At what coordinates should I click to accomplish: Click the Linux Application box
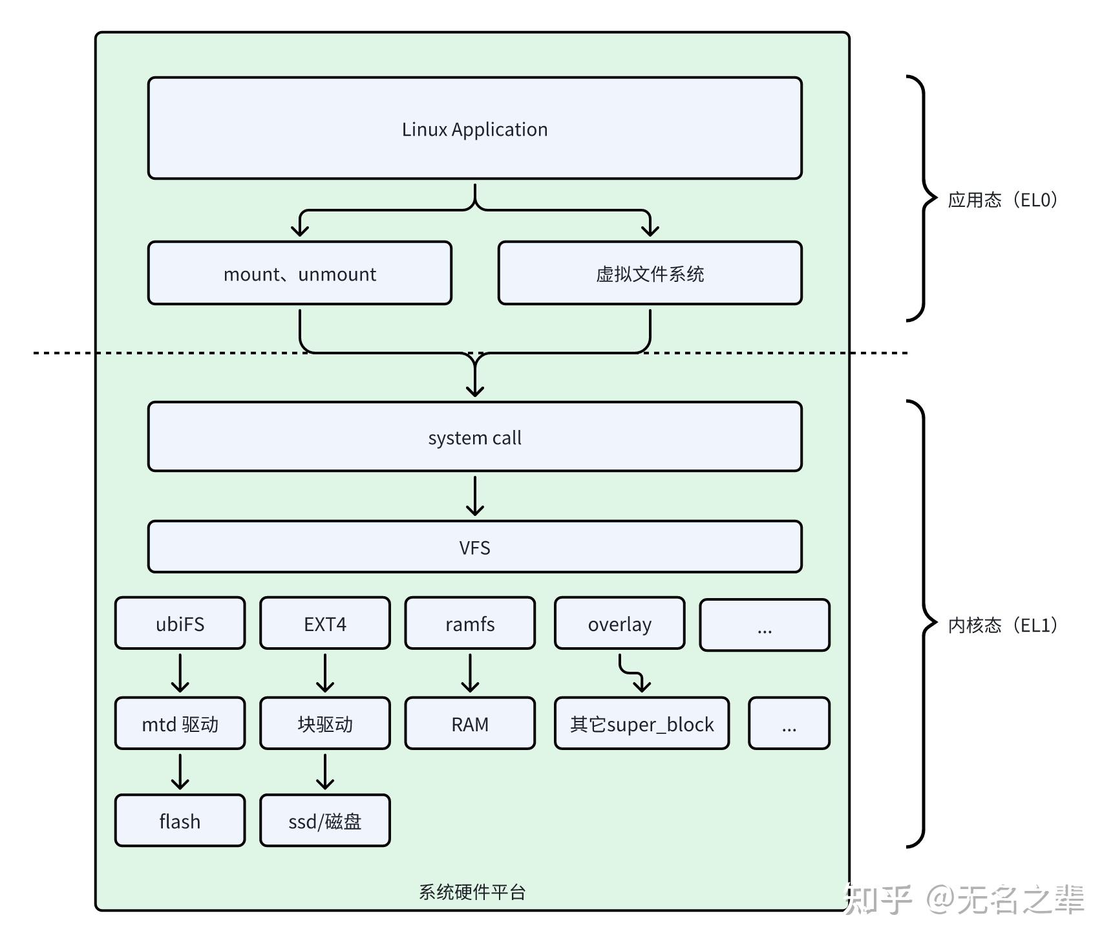pos(474,129)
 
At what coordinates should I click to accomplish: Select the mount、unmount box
pos(299,274)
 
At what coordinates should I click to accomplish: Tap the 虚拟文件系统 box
pos(650,274)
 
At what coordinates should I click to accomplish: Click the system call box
pos(474,437)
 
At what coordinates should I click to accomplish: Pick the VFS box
pos(474,547)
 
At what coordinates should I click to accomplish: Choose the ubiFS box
pos(180,623)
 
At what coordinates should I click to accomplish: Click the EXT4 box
pos(324,623)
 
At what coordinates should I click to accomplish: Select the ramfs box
pos(470,623)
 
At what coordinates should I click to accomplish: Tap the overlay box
pos(619,623)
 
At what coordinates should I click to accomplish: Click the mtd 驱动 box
pos(180,724)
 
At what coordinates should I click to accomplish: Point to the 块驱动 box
pos(324,724)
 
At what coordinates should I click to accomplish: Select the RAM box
pos(470,724)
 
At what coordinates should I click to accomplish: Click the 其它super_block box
pos(641,724)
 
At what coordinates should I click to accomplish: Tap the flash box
pos(180,821)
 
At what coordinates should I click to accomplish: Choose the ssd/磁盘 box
pos(324,821)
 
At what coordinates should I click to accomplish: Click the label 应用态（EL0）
pos(1002,200)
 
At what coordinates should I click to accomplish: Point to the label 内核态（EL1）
pos(1002,625)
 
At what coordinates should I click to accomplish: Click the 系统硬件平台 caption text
pos(472,892)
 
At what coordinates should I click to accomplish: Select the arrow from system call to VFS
pos(475,496)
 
